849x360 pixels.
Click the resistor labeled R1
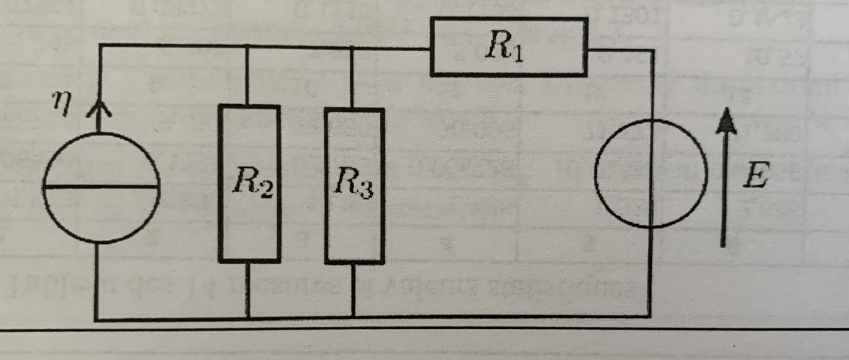click(509, 47)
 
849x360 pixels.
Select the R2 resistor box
click(249, 183)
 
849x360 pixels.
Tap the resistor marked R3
click(354, 186)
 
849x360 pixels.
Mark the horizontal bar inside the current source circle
click(101, 187)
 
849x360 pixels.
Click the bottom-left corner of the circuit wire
click(98, 320)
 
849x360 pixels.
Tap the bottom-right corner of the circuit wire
click(650, 316)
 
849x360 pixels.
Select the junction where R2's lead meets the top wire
click(247, 46)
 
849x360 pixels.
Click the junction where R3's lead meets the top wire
click(352, 47)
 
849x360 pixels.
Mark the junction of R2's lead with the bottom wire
click(248, 318)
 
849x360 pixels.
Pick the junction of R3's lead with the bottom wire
click(353, 318)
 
